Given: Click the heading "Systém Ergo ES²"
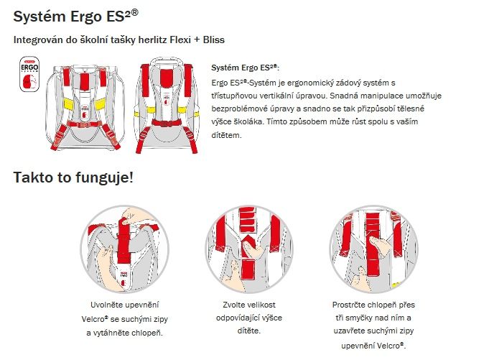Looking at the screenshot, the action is tap(75, 17).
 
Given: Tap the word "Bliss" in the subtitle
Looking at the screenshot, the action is tap(214, 40).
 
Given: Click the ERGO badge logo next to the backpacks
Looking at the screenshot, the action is tap(29, 74).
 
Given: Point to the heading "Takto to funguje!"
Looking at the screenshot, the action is tap(73, 177).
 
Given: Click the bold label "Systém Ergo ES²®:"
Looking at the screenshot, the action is tap(245, 68).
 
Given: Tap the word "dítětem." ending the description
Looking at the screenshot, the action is tap(226, 135).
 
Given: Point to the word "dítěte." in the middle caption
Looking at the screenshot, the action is tap(249, 331).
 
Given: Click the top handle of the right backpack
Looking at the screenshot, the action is tap(166, 61).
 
